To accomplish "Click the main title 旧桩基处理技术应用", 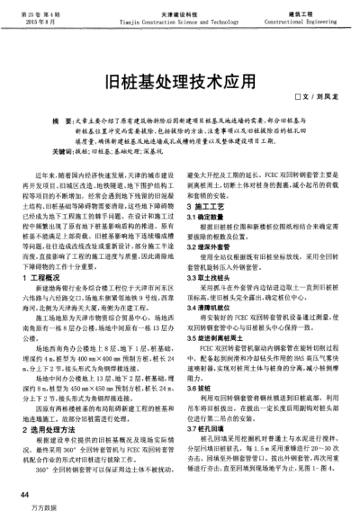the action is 180,79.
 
